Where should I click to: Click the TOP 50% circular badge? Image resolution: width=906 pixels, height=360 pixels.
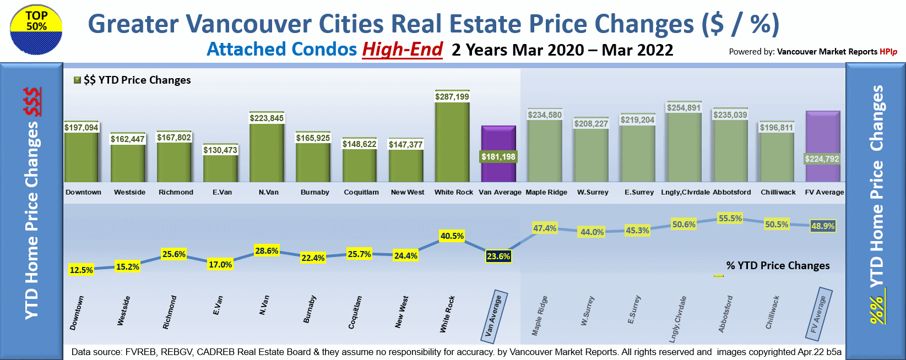pos(36,30)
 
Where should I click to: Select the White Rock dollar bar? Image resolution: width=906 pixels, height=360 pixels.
pos(452,143)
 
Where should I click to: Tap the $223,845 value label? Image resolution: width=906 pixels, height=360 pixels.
pos(267,118)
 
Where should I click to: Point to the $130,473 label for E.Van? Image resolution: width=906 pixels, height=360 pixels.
pos(220,150)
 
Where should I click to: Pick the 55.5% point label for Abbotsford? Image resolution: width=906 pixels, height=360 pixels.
pos(730,219)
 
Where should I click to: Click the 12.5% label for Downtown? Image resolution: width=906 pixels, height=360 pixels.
pos(82,270)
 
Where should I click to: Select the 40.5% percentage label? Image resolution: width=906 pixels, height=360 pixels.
pos(452,236)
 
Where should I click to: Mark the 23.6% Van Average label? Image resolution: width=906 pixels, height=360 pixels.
pos(498,256)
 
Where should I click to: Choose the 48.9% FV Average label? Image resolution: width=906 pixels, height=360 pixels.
pos(823,226)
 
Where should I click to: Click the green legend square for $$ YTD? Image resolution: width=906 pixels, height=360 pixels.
pos(78,80)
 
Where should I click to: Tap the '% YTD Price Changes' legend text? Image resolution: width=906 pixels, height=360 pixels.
pos(778,265)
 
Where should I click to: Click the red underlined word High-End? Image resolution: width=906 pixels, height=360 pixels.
pos(402,50)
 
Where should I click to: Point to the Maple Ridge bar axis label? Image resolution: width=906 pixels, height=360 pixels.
pos(546,192)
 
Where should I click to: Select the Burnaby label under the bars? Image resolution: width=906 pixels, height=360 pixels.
pos(315,192)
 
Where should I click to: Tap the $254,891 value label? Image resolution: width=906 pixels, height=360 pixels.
pos(683,108)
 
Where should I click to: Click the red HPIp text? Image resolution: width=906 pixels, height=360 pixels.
pos(888,52)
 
